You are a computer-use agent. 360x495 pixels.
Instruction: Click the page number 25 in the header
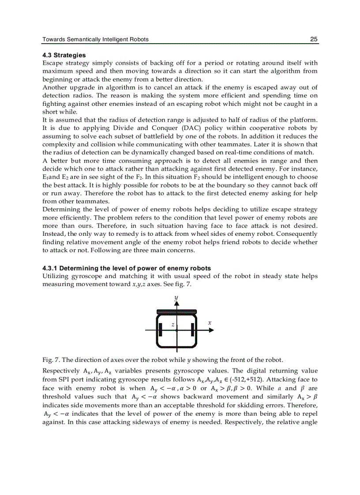coord(314,39)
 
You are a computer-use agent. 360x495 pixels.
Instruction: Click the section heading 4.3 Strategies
coord(64,56)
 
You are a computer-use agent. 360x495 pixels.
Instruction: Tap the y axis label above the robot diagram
coord(176,298)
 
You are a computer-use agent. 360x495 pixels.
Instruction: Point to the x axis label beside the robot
coord(210,323)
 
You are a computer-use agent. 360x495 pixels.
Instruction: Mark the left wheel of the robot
coord(161,329)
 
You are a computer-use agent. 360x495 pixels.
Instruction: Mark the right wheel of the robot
coord(192,329)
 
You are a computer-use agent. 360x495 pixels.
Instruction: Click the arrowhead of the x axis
coord(204,330)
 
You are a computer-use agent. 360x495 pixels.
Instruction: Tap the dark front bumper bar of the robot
coord(176,312)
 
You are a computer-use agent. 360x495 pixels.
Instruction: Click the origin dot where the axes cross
coord(176,330)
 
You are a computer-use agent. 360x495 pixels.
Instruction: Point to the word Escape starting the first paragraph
coord(52,63)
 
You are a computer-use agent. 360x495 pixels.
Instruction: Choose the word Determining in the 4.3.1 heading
coord(74,268)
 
